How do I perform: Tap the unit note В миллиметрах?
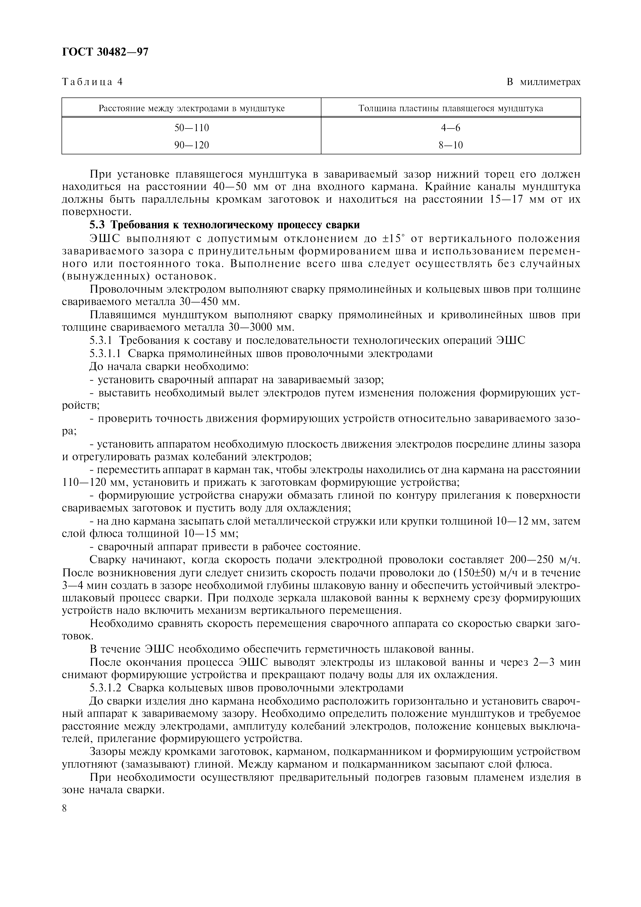pyautogui.click(x=544, y=82)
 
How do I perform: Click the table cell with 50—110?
pyautogui.click(x=192, y=128)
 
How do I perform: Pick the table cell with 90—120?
pyautogui.click(x=192, y=145)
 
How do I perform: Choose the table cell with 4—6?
pyautogui.click(x=451, y=128)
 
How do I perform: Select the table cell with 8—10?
pyautogui.click(x=451, y=145)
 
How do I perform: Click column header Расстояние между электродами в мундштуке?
pyautogui.click(x=192, y=108)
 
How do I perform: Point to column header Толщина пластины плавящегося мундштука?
pyautogui.click(x=451, y=108)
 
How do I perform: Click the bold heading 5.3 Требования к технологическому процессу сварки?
pyautogui.click(x=224, y=225)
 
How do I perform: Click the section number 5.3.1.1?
pyautogui.click(x=106, y=353)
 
